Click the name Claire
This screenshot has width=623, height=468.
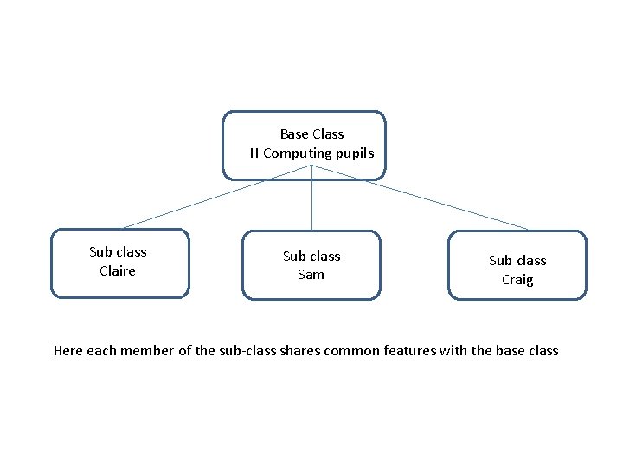coord(118,270)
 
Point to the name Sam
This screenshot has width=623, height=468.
coord(311,275)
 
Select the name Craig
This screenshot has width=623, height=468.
coord(517,280)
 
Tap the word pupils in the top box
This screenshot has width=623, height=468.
coord(356,153)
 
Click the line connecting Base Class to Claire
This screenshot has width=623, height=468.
coord(199,203)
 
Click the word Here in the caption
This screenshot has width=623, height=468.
coord(68,351)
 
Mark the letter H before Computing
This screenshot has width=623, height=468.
coord(254,153)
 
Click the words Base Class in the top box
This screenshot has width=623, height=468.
coord(311,134)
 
